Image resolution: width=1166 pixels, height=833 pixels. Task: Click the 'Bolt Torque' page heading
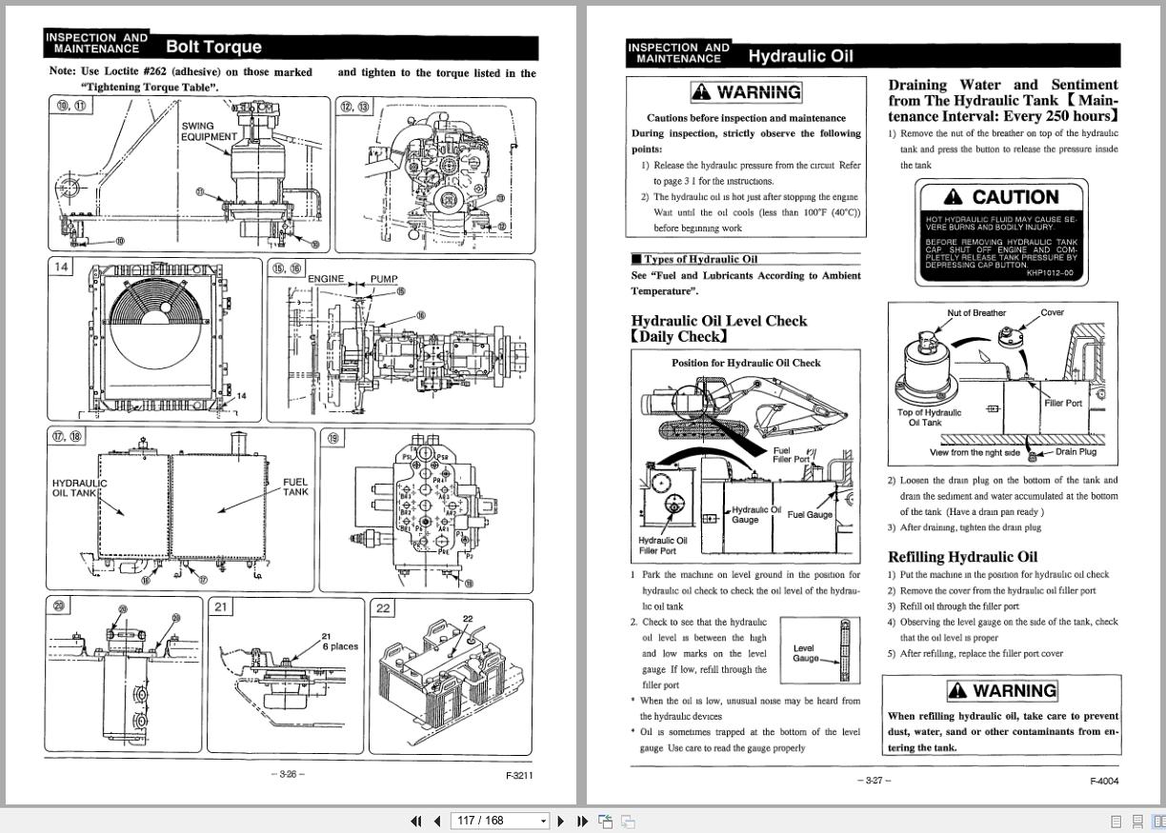pos(213,47)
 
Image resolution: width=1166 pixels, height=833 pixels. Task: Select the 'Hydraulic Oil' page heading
pos(800,56)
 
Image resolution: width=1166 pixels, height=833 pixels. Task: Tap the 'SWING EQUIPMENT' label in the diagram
pos(209,131)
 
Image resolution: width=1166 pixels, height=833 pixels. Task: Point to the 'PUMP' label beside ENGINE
pos(384,279)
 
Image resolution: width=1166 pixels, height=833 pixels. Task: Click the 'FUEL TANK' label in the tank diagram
pos(295,486)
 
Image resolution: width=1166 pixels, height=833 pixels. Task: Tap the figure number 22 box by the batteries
pos(383,607)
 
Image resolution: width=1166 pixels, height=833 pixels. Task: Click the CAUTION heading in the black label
pos(1001,197)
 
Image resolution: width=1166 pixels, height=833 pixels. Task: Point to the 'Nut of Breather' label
pos(976,313)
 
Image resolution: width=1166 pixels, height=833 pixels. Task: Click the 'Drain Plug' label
pos(1076,452)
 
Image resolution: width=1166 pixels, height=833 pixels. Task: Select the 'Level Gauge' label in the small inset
pos(805,653)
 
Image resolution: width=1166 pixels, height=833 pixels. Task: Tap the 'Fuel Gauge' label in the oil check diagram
pos(810,515)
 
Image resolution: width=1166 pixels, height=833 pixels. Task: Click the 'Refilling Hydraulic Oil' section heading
pos(962,557)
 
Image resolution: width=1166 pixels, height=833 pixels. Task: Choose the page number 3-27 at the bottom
pos(874,781)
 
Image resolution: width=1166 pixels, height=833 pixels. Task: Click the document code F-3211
pos(519,775)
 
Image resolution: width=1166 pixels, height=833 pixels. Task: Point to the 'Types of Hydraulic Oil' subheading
pos(700,259)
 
